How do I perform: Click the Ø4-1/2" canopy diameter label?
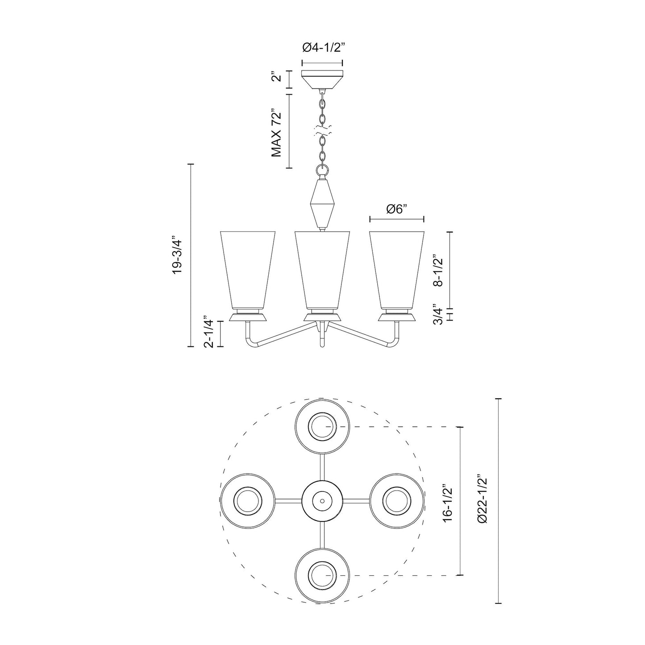coord(322,47)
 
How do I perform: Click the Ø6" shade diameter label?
coord(396,209)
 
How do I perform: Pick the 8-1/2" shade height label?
coord(439,270)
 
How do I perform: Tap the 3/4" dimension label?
coord(439,315)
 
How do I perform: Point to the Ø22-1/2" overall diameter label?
coord(482,500)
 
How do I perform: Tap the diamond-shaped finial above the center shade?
coord(322,203)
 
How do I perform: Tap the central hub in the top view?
coord(322,501)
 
